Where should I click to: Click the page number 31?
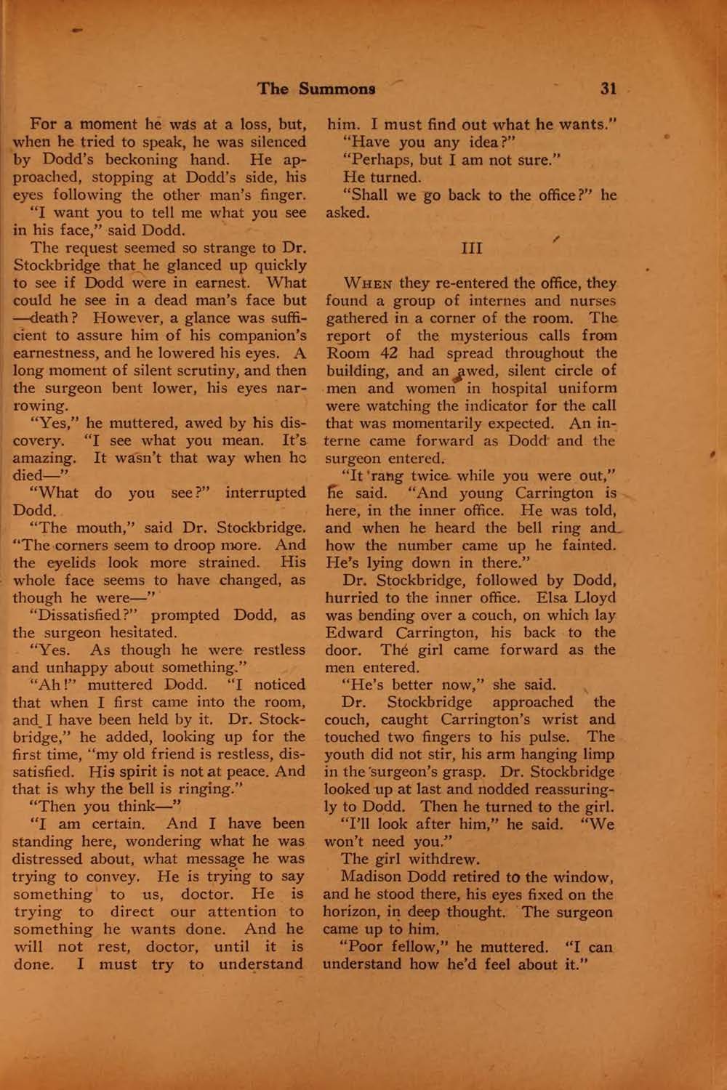[608, 89]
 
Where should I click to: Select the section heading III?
[472, 248]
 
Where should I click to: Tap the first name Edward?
[353, 633]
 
